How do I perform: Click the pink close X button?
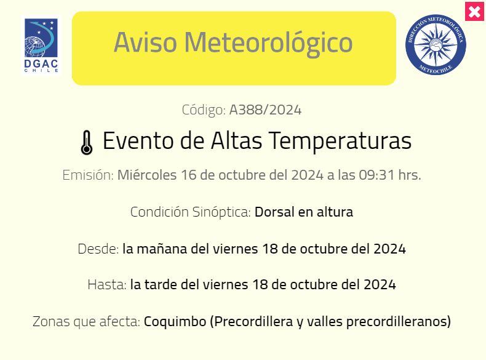coord(474,12)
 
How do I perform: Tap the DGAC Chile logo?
coord(41,46)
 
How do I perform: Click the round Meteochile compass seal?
coord(436,45)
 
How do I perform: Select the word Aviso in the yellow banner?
coord(146,42)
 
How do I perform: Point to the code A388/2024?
coord(265,110)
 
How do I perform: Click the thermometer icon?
coord(87,142)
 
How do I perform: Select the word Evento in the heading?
coord(138,140)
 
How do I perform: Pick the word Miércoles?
coord(147,175)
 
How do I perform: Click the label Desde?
coord(98,249)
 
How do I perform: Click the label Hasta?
coord(107,284)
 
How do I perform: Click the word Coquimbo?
coord(175,321)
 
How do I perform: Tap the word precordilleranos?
coord(399,321)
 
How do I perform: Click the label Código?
coord(204,110)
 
